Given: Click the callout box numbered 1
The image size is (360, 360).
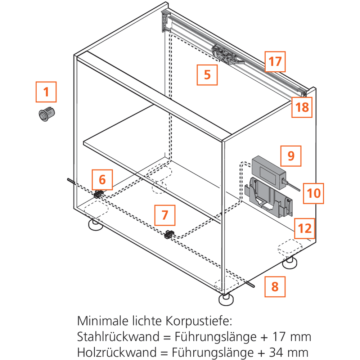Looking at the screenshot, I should (46, 92).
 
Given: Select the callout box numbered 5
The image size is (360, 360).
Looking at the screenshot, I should (207, 75).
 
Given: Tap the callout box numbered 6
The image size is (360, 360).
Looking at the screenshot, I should (102, 179).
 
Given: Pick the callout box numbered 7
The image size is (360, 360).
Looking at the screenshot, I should (165, 215).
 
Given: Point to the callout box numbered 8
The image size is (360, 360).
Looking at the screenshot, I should (275, 287).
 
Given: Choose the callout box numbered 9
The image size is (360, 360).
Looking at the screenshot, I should (291, 156).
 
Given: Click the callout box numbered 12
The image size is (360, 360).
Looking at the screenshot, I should (305, 228).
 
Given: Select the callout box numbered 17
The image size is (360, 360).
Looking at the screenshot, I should (275, 62).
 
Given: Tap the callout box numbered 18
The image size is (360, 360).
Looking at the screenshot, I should (302, 107).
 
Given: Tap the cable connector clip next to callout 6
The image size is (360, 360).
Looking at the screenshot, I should (98, 194).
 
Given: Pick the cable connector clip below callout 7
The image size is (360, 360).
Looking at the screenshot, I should (169, 235).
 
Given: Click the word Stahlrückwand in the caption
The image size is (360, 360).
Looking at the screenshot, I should (118, 337).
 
